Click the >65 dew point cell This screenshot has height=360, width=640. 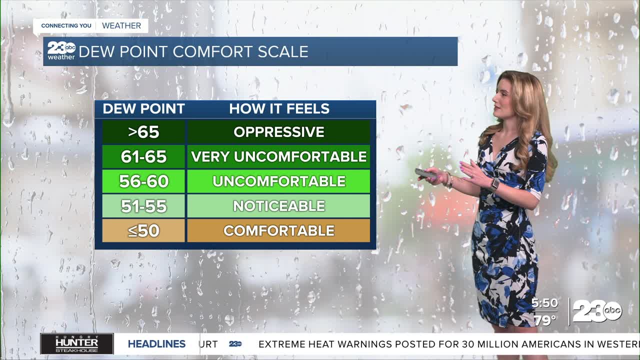pos(143,131)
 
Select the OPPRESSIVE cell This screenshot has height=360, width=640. pos(278,131)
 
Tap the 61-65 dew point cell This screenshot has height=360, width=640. pos(143,156)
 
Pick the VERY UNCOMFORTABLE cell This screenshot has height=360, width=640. pos(278,156)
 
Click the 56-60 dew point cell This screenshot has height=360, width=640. pos(143,181)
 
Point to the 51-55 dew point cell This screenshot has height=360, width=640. pos(143,206)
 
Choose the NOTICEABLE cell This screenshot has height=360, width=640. pos(278,206)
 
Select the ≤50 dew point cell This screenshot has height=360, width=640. pos(143,230)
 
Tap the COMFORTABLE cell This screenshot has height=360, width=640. pos(278,230)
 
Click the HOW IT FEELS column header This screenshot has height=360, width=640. pos(279,109)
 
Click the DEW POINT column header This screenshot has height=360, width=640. pos(143,109)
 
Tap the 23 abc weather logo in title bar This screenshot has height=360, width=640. pos(61,50)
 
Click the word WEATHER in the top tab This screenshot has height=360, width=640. pos(121,25)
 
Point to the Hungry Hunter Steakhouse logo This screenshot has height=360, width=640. pos(77,343)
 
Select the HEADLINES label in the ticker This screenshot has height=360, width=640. pos(156,344)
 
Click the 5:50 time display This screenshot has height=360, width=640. pos(544,303)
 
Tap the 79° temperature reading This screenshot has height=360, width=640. pos(545,320)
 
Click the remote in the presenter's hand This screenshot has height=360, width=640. pos(425,173)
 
